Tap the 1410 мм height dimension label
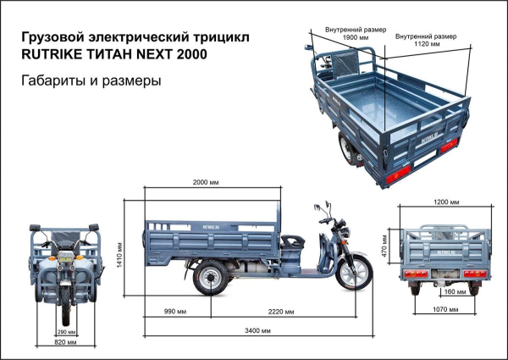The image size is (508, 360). point(119,251)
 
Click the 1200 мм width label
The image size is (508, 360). point(446,202)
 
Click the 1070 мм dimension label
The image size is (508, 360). point(446,311)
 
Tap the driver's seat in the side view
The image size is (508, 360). point(290,240)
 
